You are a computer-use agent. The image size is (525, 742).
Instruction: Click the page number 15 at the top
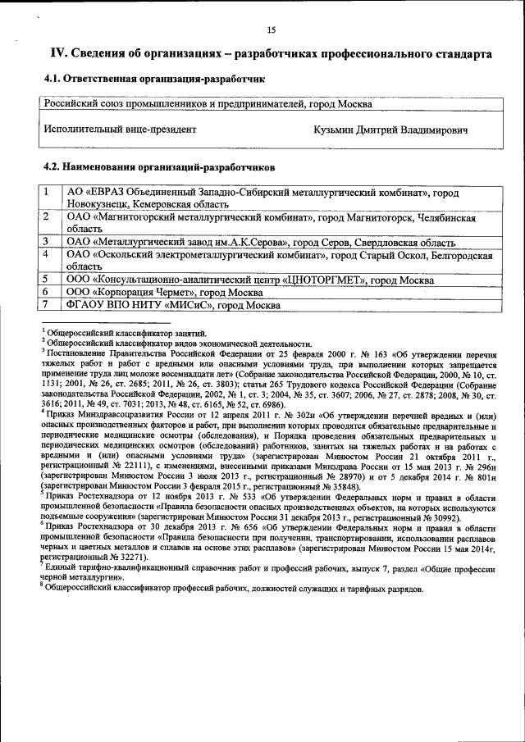271,30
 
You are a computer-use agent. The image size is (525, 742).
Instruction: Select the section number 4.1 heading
52,80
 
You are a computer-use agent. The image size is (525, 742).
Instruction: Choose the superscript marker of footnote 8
43,585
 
